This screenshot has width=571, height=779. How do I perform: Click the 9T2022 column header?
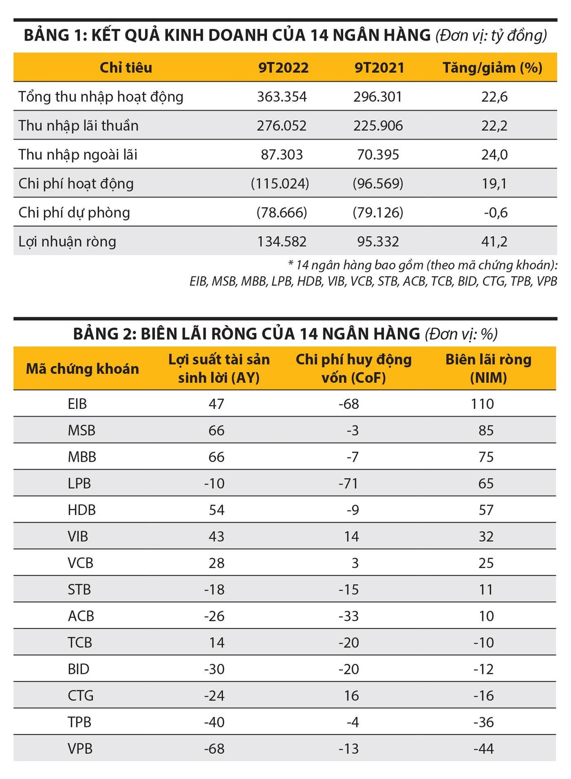pyautogui.click(x=283, y=68)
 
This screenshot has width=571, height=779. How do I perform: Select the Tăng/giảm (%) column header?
pyautogui.click(x=492, y=68)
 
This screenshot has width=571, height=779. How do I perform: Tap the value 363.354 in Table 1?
pyautogui.click(x=282, y=97)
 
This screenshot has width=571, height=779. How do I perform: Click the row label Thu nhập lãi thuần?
pyautogui.click(x=79, y=126)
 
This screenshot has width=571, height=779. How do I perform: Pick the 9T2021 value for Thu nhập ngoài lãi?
pyautogui.click(x=378, y=155)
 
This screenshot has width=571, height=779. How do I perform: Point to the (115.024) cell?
pyautogui.click(x=280, y=184)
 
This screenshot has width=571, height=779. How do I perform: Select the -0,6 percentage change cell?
pyautogui.click(x=495, y=213)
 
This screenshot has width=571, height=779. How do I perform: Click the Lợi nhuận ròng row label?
pyautogui.click(x=67, y=242)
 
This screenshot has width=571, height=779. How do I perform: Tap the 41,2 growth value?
pyautogui.click(x=494, y=242)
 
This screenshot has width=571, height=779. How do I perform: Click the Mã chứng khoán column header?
pyautogui.click(x=82, y=369)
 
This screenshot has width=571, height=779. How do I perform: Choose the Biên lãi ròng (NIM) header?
pyautogui.click(x=488, y=369)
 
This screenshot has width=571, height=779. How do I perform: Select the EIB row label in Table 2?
pyautogui.click(x=77, y=404)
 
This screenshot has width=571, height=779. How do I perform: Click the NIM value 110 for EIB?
pyautogui.click(x=482, y=404)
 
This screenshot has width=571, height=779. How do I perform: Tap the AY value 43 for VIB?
pyautogui.click(x=217, y=536)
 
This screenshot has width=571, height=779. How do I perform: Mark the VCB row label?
pyautogui.click(x=80, y=563)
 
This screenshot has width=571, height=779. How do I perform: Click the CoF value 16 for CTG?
pyautogui.click(x=351, y=696)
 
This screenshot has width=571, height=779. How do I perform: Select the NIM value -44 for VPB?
pyautogui.click(x=483, y=749)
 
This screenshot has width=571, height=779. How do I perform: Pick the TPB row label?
pyautogui.click(x=79, y=722)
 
